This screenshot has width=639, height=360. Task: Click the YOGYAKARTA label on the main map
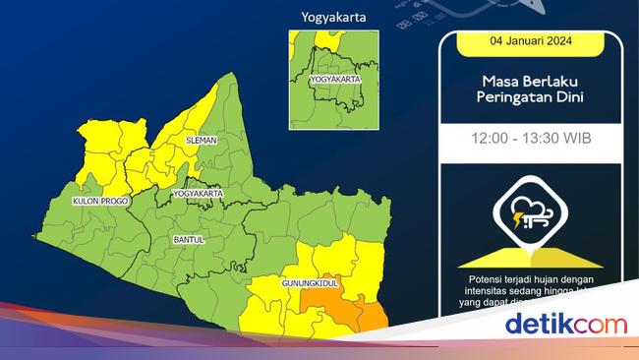pyautogui.click(x=198, y=194)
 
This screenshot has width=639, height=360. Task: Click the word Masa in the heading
pyautogui.click(x=498, y=83)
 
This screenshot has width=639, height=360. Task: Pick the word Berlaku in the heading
pyautogui.click(x=549, y=83)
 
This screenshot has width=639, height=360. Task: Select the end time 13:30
pyautogui.click(x=543, y=140)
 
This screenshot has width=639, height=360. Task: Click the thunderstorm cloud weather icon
pyautogui.click(x=531, y=212)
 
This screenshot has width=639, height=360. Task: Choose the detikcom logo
pyautogui.click(x=565, y=323)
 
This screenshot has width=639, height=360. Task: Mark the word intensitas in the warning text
pyautogui.click(x=483, y=292)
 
